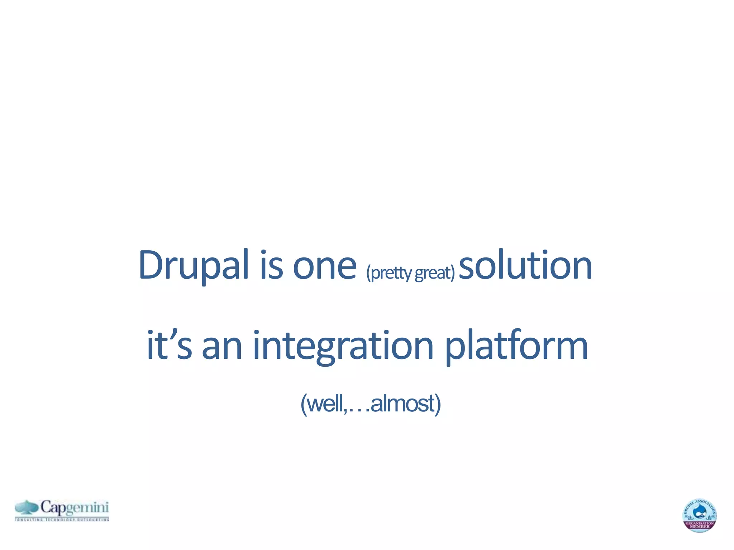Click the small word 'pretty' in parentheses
pos(389,273)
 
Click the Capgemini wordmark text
pos(74,507)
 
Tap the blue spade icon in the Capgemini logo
pos(27,507)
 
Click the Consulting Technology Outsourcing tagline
pos(62,519)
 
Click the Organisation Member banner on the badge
pos(700,525)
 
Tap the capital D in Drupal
pos(150,265)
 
